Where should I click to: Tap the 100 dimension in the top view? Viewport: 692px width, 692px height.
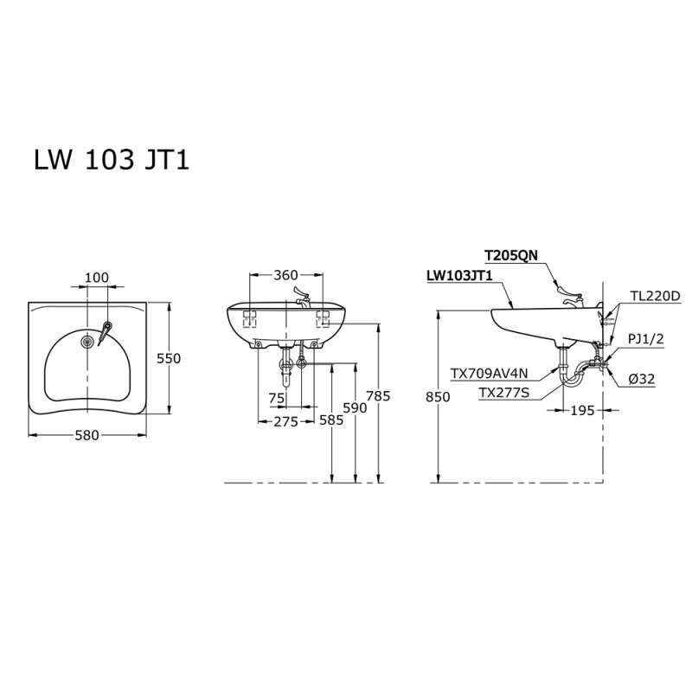96,277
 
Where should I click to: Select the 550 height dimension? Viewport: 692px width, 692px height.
169,358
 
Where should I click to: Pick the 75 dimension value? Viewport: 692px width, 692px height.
276,399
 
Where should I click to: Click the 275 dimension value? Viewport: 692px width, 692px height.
285,421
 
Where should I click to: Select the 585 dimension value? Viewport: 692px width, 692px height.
330,421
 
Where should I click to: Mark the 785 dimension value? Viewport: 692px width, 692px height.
379,396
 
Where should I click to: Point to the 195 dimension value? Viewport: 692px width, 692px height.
582,411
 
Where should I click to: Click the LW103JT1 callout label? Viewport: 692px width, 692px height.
459,276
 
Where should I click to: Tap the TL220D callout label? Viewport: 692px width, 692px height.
655,296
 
